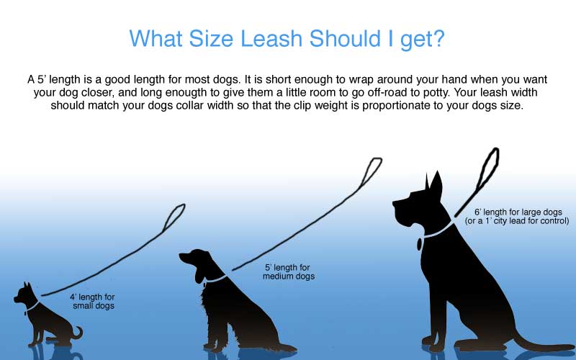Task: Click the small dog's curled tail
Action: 78,333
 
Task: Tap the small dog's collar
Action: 32,306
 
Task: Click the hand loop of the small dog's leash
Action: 174,217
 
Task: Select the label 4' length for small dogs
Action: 93,301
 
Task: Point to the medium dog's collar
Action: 215,279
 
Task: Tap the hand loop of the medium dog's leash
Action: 371,174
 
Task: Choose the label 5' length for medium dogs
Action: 289,272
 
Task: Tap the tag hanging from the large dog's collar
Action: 419,244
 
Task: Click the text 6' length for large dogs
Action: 518,212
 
